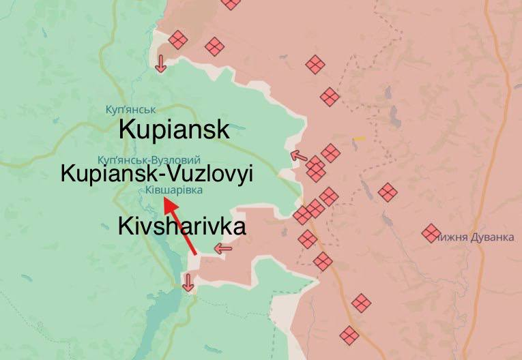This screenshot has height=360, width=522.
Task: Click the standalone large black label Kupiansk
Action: click(x=173, y=130)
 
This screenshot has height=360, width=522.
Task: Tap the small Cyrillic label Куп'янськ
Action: click(x=131, y=109)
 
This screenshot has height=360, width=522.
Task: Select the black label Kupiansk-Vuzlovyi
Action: click(x=157, y=174)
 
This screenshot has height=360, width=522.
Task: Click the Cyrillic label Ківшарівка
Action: click(x=174, y=190)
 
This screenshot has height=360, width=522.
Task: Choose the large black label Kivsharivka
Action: click(x=182, y=227)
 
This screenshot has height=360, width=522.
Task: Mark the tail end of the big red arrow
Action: click(x=197, y=254)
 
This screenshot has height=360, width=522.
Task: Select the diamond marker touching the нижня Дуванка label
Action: click(x=431, y=233)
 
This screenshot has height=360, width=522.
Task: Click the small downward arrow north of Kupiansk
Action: click(x=160, y=63)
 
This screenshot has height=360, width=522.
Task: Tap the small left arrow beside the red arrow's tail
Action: click(x=223, y=249)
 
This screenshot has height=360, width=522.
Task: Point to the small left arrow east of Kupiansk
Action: click(x=298, y=156)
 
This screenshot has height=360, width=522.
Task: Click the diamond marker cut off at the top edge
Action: click(x=231, y=3)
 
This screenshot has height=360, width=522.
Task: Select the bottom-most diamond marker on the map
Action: click(x=349, y=335)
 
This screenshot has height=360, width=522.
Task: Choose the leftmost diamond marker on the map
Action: click(x=178, y=40)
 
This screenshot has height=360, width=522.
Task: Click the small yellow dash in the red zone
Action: click(x=359, y=139)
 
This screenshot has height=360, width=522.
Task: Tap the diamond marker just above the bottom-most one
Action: click(x=361, y=302)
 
